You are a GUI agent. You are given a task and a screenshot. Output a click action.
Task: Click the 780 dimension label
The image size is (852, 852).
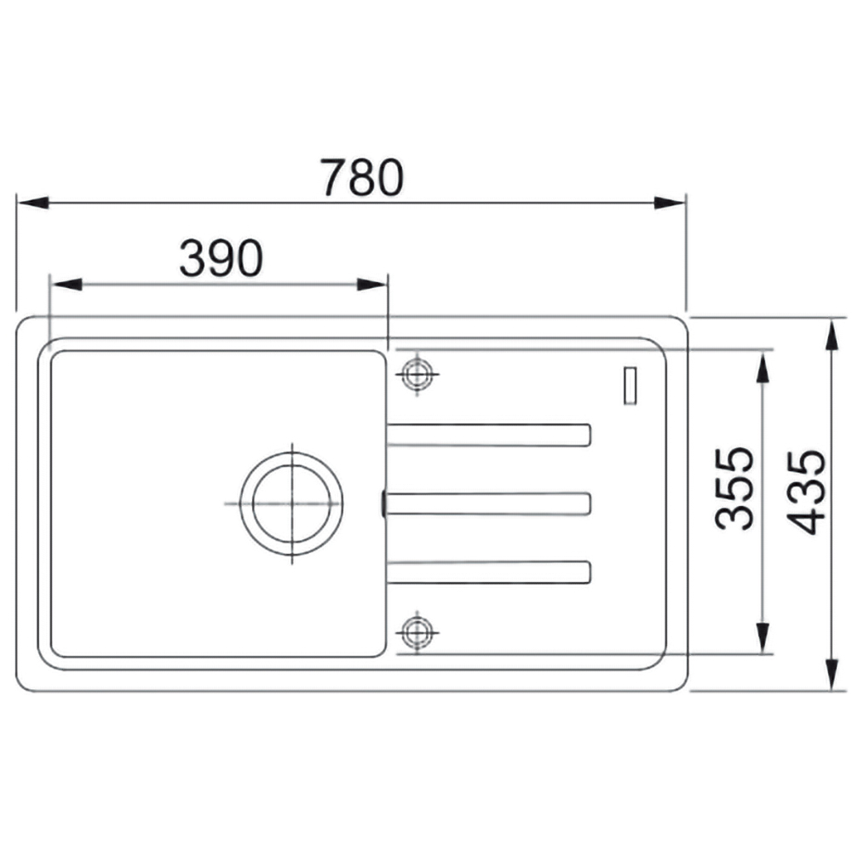pos(362,178)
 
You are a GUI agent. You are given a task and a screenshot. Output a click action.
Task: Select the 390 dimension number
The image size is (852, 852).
pos(222,258)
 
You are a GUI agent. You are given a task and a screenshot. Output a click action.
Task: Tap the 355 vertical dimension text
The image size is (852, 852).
pos(734,488)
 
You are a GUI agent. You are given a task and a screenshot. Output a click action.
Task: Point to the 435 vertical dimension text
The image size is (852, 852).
pos(806,492)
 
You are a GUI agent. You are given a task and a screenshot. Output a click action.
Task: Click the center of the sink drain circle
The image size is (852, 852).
pos(291,503)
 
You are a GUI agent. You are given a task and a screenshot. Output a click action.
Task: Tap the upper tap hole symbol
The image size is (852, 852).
pos(417,374)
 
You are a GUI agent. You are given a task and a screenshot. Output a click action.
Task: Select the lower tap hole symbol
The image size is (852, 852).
pos(417,631)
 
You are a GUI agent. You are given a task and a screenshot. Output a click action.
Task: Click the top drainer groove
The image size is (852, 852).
pos(488,435)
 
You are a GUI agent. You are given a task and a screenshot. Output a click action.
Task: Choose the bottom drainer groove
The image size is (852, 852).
pos(488,573)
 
